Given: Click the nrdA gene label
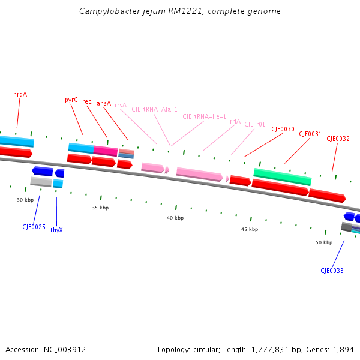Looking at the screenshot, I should (20, 94).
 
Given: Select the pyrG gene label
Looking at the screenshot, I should (71, 100).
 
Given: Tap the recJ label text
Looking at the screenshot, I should (88, 102).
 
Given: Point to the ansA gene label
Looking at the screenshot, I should (104, 103).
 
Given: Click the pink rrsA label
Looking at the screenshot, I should (121, 105).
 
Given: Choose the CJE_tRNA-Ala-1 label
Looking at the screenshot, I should (155, 110).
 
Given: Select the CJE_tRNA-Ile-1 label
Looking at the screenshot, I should (204, 116).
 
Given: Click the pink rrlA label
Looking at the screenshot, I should (235, 121).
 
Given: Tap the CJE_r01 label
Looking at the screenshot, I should (254, 125).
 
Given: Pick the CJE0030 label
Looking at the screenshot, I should (283, 129).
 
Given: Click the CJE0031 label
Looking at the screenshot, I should (310, 134).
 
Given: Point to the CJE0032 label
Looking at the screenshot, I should (338, 139).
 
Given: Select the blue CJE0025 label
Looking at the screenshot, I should (34, 227).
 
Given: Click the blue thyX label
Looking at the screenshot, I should (56, 230).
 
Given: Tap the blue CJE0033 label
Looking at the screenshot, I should (332, 271).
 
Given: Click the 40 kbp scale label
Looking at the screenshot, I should (175, 218).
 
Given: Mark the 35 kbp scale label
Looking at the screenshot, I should (100, 208).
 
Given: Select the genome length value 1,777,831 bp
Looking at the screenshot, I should (265, 349).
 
